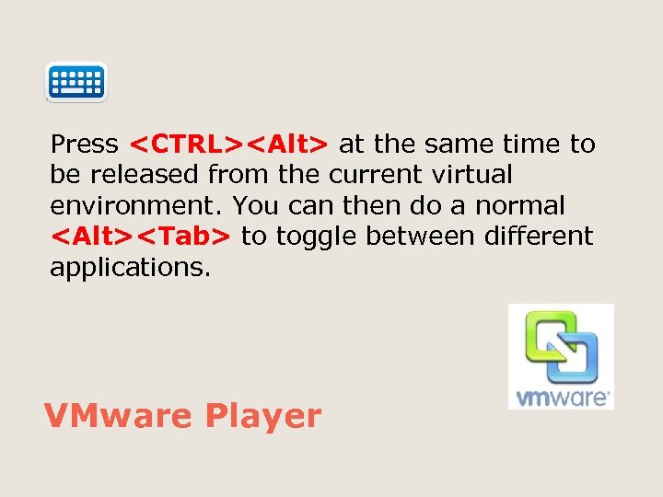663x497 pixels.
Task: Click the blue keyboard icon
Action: coord(76,82)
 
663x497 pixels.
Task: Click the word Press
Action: coord(85,144)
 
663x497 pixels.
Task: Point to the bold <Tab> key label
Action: coord(187,237)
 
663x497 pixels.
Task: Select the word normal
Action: coord(520,205)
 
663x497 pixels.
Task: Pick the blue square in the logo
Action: coord(576,359)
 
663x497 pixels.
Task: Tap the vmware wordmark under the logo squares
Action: coord(561,398)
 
